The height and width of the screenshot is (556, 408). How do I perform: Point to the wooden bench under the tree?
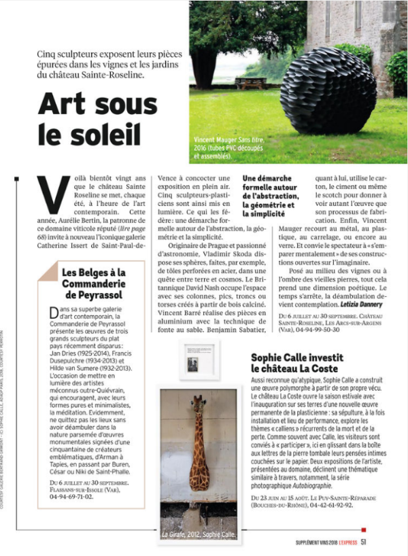[x=250, y=82]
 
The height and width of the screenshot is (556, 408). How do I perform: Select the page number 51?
[x=364, y=542]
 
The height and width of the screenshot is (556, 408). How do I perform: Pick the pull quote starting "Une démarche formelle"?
[x=270, y=197]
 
